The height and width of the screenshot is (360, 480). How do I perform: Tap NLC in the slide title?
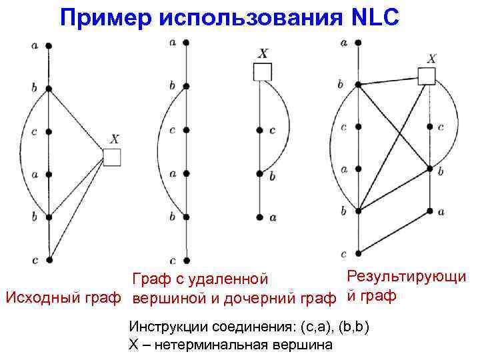pos(373,18)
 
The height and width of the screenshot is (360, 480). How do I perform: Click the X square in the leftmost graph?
pos(112,157)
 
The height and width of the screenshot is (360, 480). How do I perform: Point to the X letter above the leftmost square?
pos(115,139)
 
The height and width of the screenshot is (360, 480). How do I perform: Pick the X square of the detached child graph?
pos(263,71)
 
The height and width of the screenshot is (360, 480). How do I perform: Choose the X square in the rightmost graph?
pos(427,76)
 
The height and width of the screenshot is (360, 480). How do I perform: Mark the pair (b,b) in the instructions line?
pos(353,329)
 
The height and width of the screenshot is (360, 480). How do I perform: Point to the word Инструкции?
pos(168,329)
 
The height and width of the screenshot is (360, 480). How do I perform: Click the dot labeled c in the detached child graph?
pos(259,130)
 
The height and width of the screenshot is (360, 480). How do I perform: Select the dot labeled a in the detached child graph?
pos(259,217)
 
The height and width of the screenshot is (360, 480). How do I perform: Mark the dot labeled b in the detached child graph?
pos(259,174)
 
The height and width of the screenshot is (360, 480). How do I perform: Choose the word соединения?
pos(253,329)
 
